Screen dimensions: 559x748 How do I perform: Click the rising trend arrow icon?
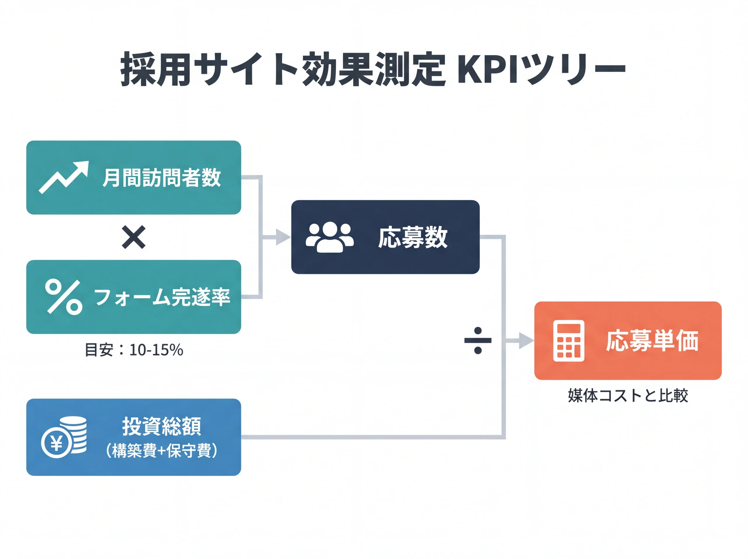[x=63, y=177]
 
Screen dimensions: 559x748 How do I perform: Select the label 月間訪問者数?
[x=162, y=178]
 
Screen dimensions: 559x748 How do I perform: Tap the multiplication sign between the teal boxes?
[x=134, y=237]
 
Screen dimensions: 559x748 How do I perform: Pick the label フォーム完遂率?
[x=162, y=297]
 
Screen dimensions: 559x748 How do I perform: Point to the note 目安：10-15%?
[x=134, y=350]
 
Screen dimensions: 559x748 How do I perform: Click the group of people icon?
[x=330, y=237]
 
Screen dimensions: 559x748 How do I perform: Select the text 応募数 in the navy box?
[x=413, y=238]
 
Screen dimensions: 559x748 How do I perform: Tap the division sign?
[x=478, y=340]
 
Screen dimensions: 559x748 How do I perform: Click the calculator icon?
[x=569, y=341]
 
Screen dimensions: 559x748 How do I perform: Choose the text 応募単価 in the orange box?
[x=652, y=341]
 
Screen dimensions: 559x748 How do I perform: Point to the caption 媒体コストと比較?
[x=628, y=395]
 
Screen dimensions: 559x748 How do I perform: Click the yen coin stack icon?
[x=64, y=437]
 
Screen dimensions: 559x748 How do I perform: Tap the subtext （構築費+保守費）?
[x=162, y=451]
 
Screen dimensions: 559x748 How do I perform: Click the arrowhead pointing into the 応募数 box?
[x=283, y=237]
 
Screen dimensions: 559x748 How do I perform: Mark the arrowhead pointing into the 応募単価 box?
[x=526, y=340]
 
